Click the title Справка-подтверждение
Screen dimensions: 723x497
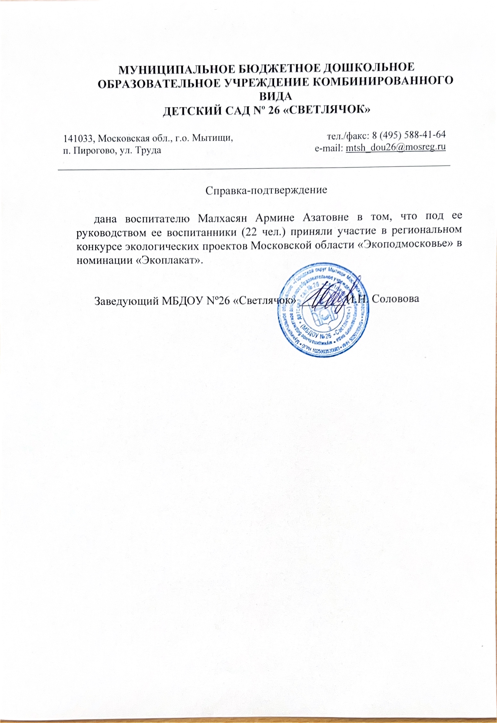pyautogui.click(x=266, y=190)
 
